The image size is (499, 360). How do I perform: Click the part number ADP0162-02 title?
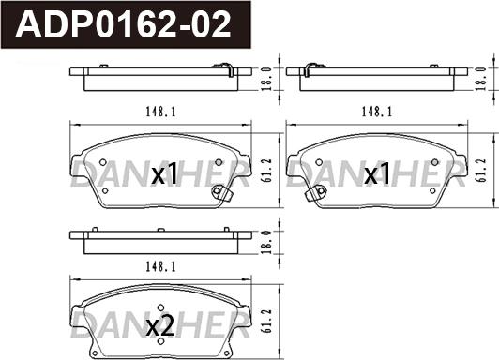click(x=123, y=24)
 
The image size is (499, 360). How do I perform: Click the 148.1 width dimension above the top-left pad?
click(x=160, y=112)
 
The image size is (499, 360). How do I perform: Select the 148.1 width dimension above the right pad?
click(x=377, y=112)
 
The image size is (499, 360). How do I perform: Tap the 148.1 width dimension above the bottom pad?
click(x=160, y=267)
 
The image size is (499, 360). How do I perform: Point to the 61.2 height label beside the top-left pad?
click(x=267, y=171)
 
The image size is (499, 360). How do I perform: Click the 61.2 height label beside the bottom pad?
click(x=267, y=321)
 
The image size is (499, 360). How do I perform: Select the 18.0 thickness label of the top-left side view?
click(x=266, y=79)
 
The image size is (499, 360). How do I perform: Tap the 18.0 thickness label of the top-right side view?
click(x=481, y=79)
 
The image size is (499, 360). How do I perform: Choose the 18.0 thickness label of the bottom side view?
click(x=266, y=242)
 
